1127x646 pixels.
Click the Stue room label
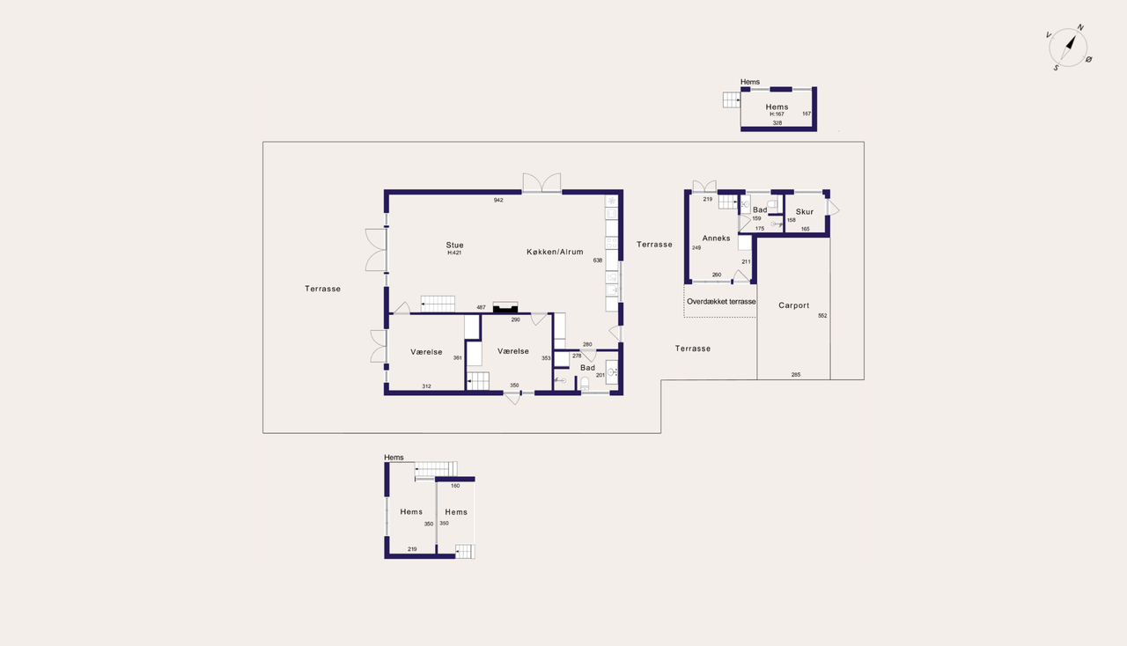point(454,245)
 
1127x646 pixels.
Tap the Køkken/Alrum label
point(555,252)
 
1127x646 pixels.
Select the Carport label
point(794,305)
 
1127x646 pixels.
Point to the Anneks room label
point(716,238)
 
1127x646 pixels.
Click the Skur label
point(805,212)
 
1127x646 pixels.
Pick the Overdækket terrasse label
point(721,301)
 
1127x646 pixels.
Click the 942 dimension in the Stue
point(498,201)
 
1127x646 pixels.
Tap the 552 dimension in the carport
point(822,316)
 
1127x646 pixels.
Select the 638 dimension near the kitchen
point(597,261)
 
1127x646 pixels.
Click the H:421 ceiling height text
point(454,253)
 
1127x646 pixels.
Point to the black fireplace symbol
point(505,307)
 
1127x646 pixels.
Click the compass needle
point(1069,47)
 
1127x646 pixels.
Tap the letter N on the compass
point(1080,27)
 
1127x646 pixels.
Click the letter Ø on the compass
point(1089,59)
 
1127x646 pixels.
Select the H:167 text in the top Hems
point(777,114)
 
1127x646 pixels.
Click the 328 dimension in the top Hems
point(777,122)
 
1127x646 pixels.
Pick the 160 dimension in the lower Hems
point(455,486)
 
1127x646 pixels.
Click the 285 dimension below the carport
point(795,375)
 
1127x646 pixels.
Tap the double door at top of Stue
point(541,183)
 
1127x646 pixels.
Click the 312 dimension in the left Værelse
point(426,386)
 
